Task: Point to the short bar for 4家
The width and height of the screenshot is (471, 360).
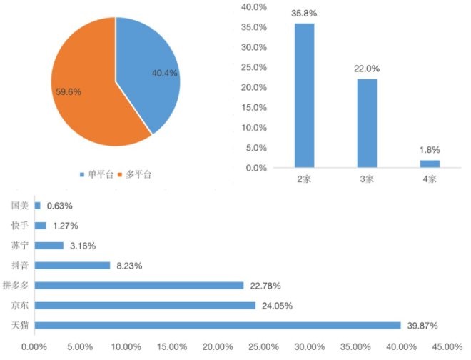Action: (x=430, y=164)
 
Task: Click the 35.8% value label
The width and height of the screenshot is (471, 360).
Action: (x=304, y=13)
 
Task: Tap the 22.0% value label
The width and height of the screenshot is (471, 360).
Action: (x=367, y=69)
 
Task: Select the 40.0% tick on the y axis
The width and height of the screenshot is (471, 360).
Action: (x=254, y=7)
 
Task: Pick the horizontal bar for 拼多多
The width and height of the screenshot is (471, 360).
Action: (x=139, y=285)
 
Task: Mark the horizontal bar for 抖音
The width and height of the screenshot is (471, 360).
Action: (x=72, y=265)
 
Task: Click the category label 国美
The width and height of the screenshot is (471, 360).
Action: (x=19, y=206)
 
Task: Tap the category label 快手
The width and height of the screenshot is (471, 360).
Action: (x=19, y=226)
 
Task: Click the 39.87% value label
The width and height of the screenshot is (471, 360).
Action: (x=421, y=325)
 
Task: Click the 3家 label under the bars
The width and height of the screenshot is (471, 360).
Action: (x=367, y=179)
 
